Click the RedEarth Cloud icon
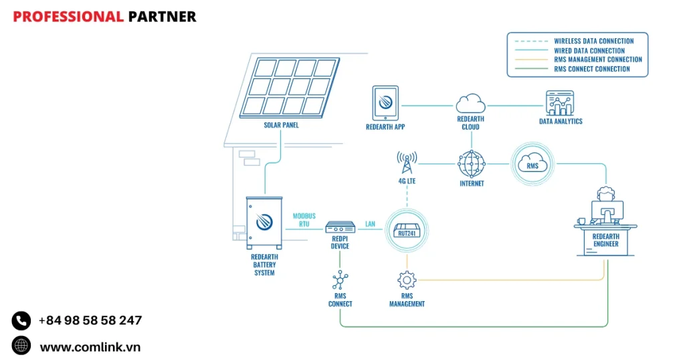(470, 104)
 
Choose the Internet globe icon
(471, 164)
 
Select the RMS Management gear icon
(407, 280)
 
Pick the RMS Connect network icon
(340, 280)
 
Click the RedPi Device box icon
(340, 228)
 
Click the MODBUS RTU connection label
(304, 220)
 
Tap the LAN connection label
(370, 224)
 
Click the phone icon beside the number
(21, 321)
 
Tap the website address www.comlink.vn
(90, 347)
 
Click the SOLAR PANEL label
(281, 125)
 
